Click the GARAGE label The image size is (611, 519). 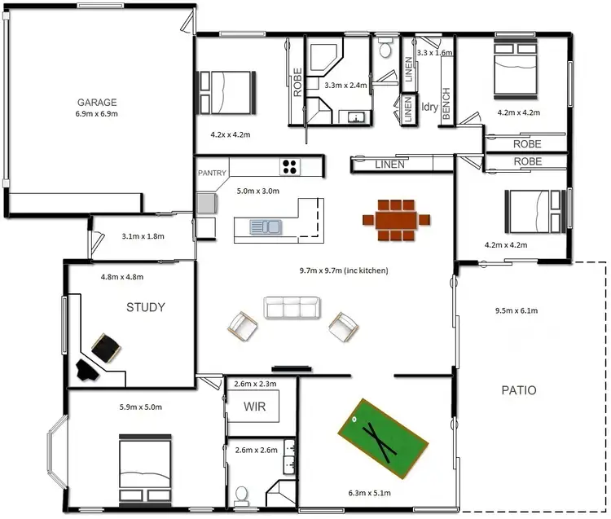coord(97,103)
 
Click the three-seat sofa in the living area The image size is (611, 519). coord(292,307)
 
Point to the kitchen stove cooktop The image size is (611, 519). coord(290,167)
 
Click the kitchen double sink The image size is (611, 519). coord(266,226)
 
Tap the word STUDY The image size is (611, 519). coord(146,307)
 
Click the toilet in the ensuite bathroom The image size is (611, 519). coord(241,495)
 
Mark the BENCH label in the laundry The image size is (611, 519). coord(446,104)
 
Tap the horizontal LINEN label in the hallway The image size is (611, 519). coord(389,165)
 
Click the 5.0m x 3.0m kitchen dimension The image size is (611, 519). coord(257,191)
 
